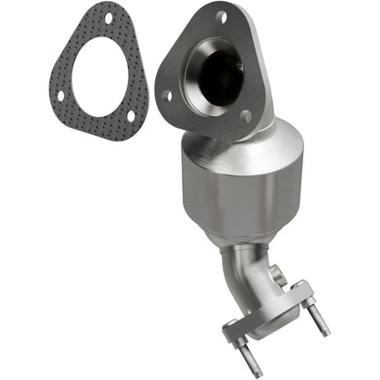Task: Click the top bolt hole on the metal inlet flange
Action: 221,16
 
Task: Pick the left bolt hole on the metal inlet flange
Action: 165,94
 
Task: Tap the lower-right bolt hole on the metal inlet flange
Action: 245,115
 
